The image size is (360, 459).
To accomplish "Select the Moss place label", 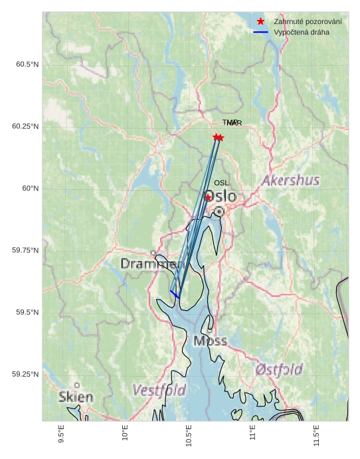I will coord(210,341).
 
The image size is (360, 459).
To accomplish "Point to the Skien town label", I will coord(76,397).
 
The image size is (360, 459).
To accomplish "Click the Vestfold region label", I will coord(159,390).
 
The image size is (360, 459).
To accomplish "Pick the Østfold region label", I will coord(279,369).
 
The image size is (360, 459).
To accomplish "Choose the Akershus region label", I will coord(290,181).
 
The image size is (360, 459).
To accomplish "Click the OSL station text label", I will coord(221,183).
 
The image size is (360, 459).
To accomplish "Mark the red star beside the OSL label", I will coord(208,197).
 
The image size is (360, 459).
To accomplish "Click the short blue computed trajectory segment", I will coord(175,294).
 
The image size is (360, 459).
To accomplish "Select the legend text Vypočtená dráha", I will coord(301,32).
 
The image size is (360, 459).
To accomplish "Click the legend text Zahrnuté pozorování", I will coord(307,22).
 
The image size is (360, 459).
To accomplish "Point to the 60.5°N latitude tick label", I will coord(27,64).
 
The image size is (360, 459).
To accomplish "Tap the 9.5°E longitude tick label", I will coord(61,435).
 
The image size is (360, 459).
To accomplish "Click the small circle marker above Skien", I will coord(77,385).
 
